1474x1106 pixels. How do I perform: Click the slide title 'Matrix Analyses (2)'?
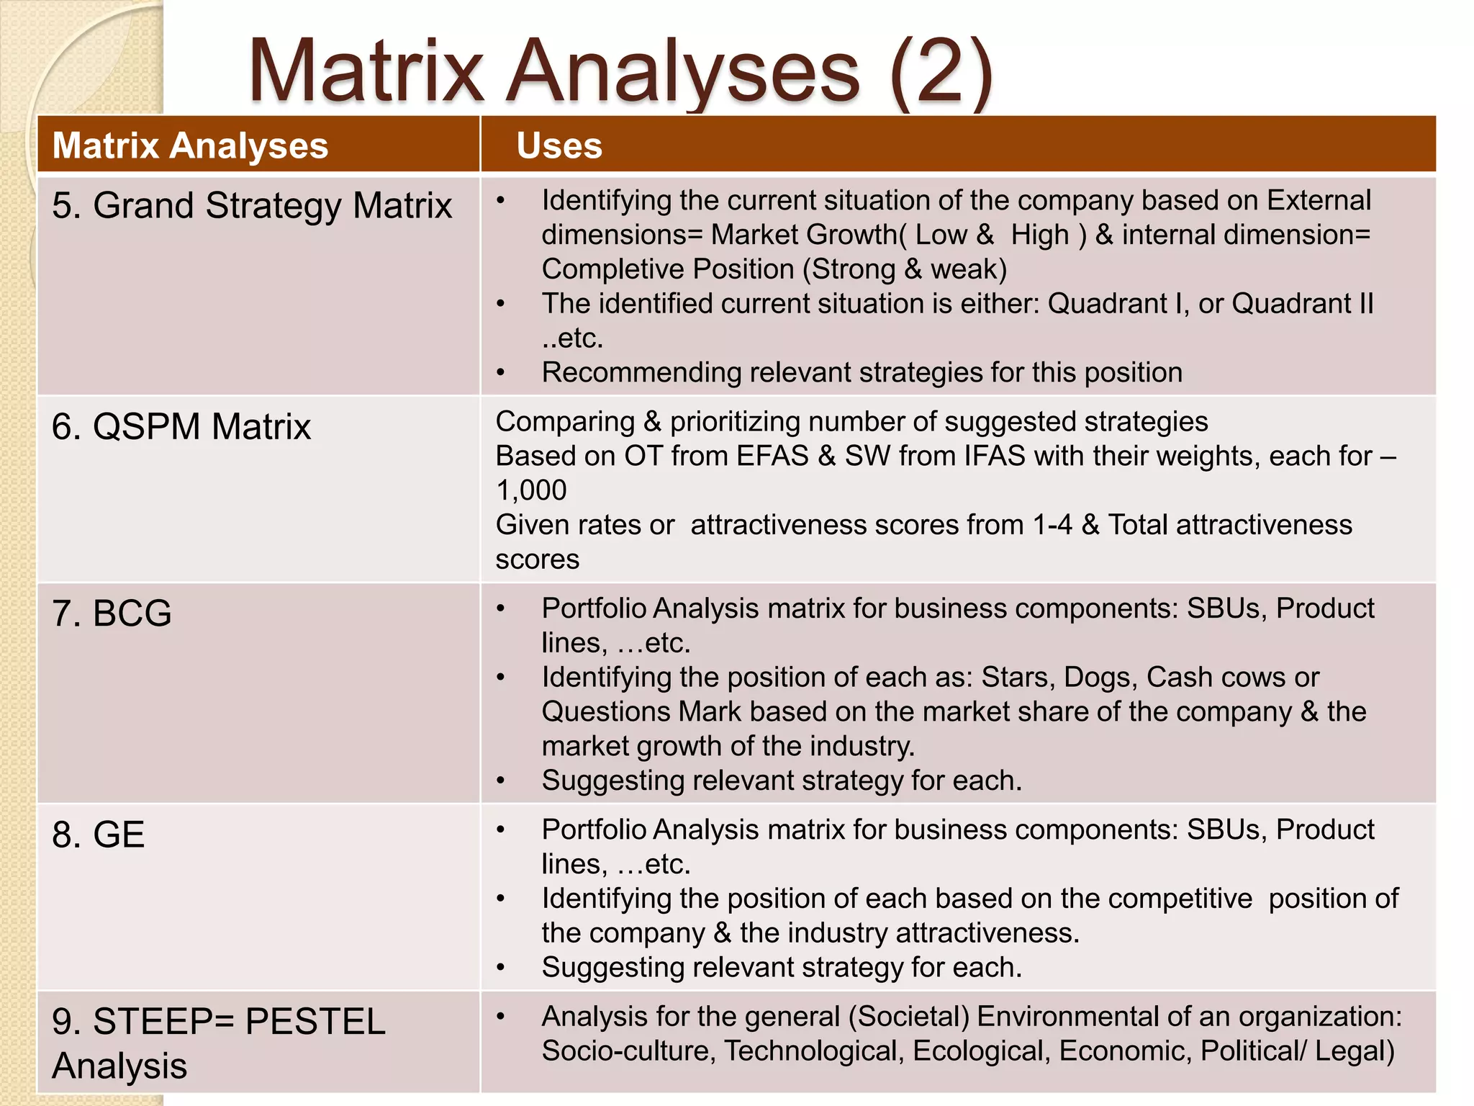click(620, 72)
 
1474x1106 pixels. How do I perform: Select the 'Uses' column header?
click(559, 145)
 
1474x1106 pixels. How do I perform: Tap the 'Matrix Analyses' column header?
click(190, 145)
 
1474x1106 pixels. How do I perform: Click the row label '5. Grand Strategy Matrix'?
click(252, 206)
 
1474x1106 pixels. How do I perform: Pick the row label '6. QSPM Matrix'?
click(181, 427)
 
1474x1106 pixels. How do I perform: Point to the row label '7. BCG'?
click(112, 614)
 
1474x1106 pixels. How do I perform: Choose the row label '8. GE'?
click(99, 835)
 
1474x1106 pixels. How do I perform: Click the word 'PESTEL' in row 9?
click(315, 1022)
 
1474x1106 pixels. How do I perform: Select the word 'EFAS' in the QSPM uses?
click(772, 457)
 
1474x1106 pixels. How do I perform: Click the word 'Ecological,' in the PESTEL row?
click(981, 1051)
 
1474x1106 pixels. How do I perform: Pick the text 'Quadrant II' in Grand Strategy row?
click(1302, 304)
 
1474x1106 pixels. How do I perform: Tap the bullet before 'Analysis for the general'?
click(501, 1017)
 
